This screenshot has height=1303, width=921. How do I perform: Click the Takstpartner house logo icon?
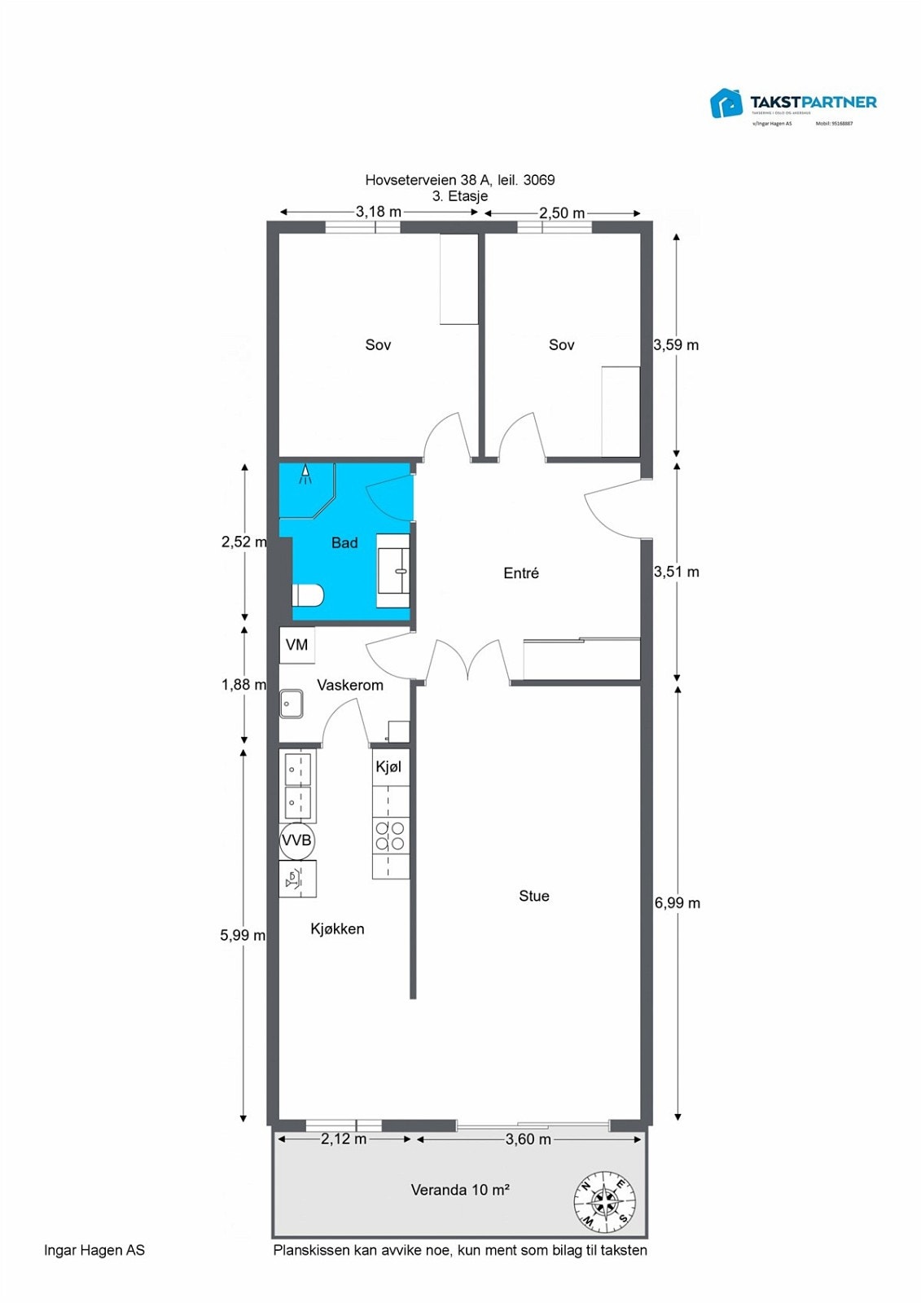(x=726, y=103)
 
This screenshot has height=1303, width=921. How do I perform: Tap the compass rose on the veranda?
(x=605, y=1201)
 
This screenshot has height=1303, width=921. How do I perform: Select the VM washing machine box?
(x=297, y=645)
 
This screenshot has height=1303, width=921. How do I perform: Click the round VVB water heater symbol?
(x=296, y=840)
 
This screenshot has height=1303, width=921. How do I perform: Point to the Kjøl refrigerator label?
(x=388, y=767)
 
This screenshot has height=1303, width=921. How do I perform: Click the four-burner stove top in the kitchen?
(x=390, y=836)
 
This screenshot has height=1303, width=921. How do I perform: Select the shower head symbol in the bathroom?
(x=305, y=474)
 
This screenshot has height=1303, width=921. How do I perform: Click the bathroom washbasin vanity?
(x=393, y=570)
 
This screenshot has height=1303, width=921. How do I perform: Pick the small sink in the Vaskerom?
(x=292, y=704)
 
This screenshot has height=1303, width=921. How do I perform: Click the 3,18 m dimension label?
(x=378, y=212)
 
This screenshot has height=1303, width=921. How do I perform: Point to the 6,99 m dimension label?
(x=677, y=902)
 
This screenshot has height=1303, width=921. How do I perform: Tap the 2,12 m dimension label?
(x=343, y=1138)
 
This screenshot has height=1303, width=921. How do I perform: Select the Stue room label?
(x=534, y=896)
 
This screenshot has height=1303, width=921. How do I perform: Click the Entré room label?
(x=521, y=573)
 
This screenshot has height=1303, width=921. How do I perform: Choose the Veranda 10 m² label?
(x=460, y=1190)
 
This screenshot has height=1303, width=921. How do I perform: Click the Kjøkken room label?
(x=337, y=928)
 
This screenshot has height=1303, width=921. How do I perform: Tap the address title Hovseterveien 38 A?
(x=459, y=180)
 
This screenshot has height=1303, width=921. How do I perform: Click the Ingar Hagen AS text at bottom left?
(x=94, y=1250)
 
